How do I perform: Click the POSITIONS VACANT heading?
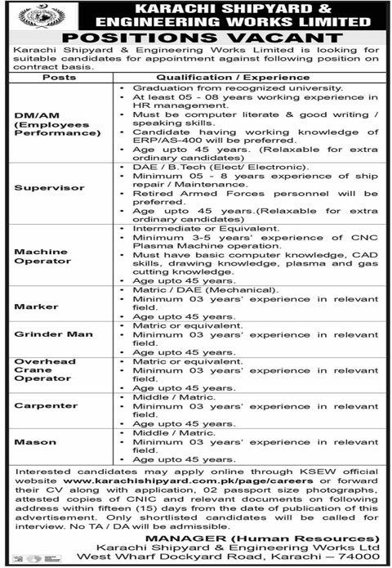(x=196, y=37)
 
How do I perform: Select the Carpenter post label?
(x=40, y=405)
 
